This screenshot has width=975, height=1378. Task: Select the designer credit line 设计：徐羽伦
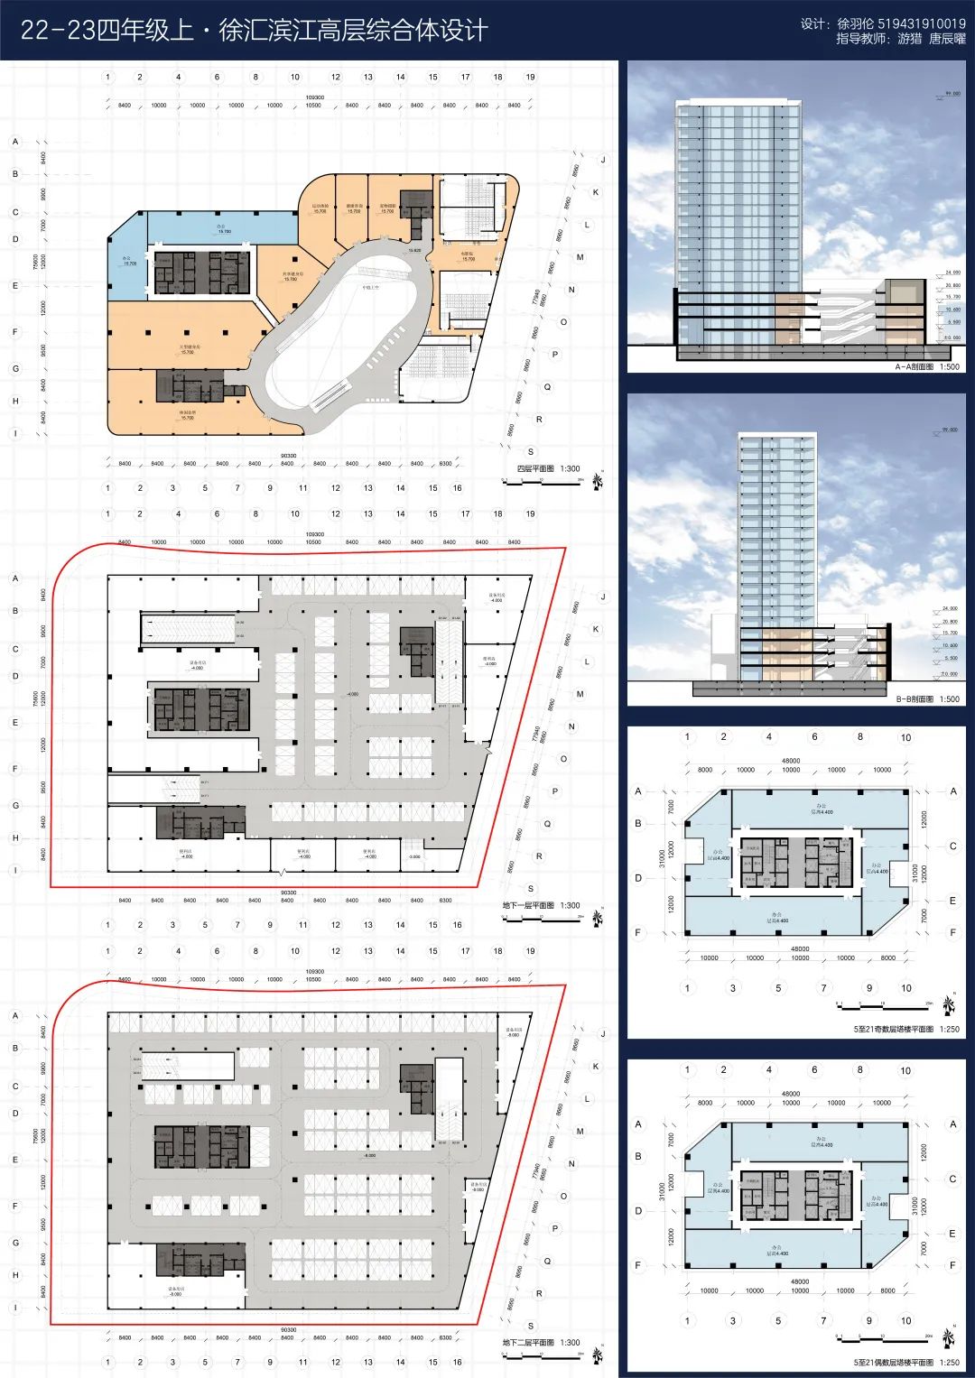click(882, 23)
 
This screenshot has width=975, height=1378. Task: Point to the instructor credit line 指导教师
click(900, 39)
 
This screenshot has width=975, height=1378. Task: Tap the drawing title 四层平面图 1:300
click(547, 469)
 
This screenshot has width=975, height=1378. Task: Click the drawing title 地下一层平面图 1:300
click(541, 905)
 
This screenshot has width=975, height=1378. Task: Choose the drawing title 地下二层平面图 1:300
click(541, 1343)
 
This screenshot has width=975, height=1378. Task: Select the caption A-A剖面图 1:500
click(926, 367)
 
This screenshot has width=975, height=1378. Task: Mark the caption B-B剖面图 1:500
click(926, 699)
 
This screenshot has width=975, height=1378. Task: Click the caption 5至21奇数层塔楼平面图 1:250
click(905, 1029)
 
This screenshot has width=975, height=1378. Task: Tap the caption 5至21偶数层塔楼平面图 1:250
click(905, 1363)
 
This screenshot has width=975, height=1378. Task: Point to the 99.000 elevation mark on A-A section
click(952, 93)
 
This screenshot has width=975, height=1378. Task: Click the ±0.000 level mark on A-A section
click(952, 338)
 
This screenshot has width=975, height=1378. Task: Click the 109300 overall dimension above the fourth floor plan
click(315, 97)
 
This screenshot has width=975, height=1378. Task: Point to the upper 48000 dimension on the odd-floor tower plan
click(790, 761)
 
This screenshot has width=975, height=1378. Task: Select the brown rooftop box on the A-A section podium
click(904, 292)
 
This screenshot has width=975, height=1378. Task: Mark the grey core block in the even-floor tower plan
click(794, 1196)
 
